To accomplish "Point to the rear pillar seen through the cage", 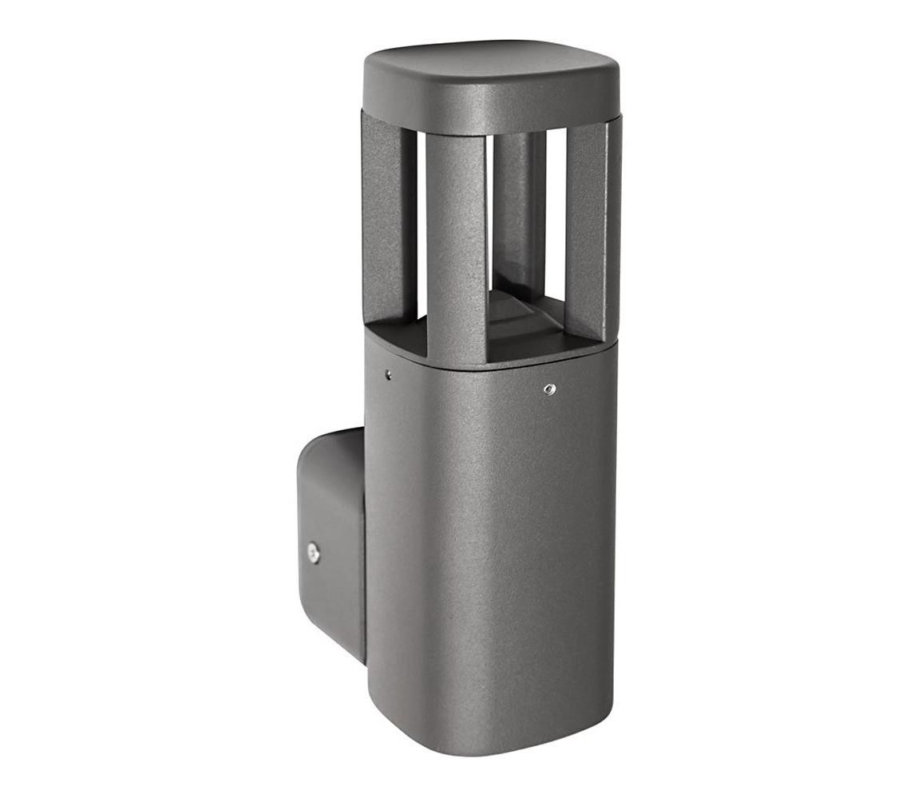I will click(517, 207).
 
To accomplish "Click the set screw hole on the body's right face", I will click(549, 389).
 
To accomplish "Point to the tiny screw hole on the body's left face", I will click(388, 373).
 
